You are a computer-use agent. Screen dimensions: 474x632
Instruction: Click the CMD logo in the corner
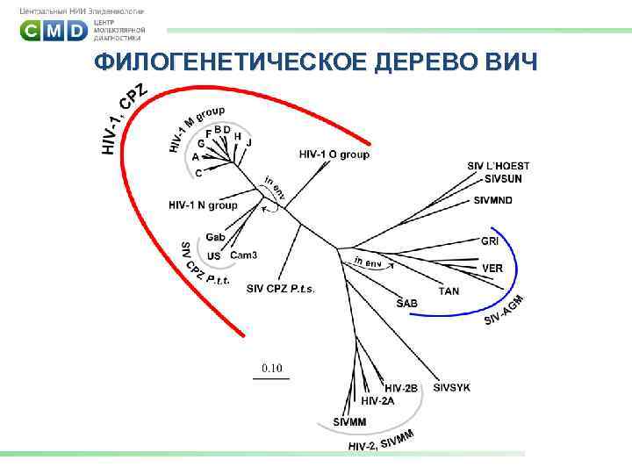tap(54, 31)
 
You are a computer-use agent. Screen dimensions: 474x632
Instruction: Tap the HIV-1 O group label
tap(334, 154)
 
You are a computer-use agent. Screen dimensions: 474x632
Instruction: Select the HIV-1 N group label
tap(202, 205)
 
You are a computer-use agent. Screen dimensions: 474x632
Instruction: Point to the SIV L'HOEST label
tap(498, 166)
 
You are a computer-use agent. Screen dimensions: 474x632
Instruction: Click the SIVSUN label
tap(503, 178)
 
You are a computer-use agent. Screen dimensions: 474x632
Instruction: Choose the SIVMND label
tap(492, 201)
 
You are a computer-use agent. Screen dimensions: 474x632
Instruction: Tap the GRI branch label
tap(489, 241)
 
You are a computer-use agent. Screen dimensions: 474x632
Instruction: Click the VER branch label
tap(492, 268)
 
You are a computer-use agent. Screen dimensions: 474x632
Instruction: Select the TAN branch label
tap(449, 291)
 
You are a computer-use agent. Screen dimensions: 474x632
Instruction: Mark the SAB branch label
tap(407, 303)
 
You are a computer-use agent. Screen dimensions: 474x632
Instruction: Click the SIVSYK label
tap(451, 387)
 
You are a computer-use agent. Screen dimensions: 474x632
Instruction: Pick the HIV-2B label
tap(401, 388)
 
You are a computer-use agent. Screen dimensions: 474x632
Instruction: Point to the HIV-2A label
tap(378, 400)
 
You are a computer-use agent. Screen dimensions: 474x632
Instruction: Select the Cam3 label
tap(243, 255)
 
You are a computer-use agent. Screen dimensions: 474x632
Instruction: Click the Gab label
tap(216, 237)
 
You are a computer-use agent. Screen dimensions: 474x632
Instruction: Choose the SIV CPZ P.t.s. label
tap(280, 288)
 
